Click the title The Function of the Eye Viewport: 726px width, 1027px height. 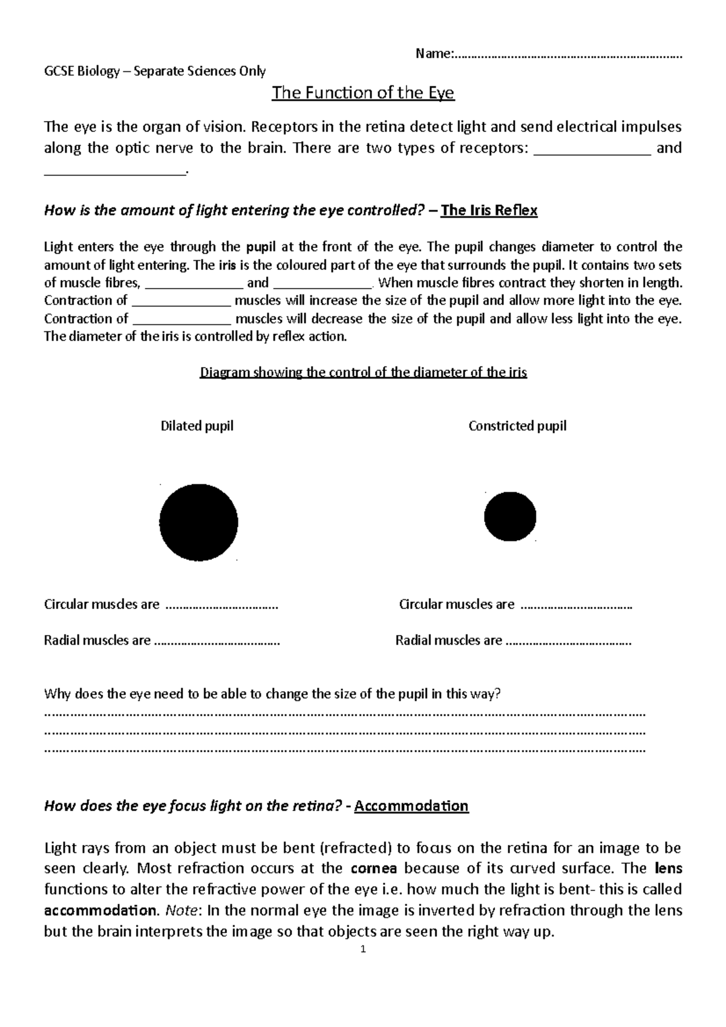(363, 93)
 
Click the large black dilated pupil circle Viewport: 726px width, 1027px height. (198, 522)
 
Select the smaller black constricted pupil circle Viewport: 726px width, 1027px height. (510, 517)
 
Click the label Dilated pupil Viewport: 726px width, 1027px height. (197, 426)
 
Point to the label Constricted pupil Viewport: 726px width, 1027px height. (517, 426)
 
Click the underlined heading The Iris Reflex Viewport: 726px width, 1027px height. (489, 210)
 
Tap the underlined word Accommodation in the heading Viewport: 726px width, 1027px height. (411, 806)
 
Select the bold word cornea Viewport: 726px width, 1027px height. (373, 869)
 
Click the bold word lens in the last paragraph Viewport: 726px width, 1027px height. (669, 869)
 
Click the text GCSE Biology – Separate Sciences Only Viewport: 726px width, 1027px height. (155, 71)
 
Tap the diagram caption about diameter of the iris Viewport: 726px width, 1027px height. (363, 372)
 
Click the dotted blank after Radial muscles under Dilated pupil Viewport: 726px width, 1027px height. (217, 641)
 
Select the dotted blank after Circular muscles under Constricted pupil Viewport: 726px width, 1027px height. (576, 605)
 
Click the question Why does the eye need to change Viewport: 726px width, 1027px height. (272, 694)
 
